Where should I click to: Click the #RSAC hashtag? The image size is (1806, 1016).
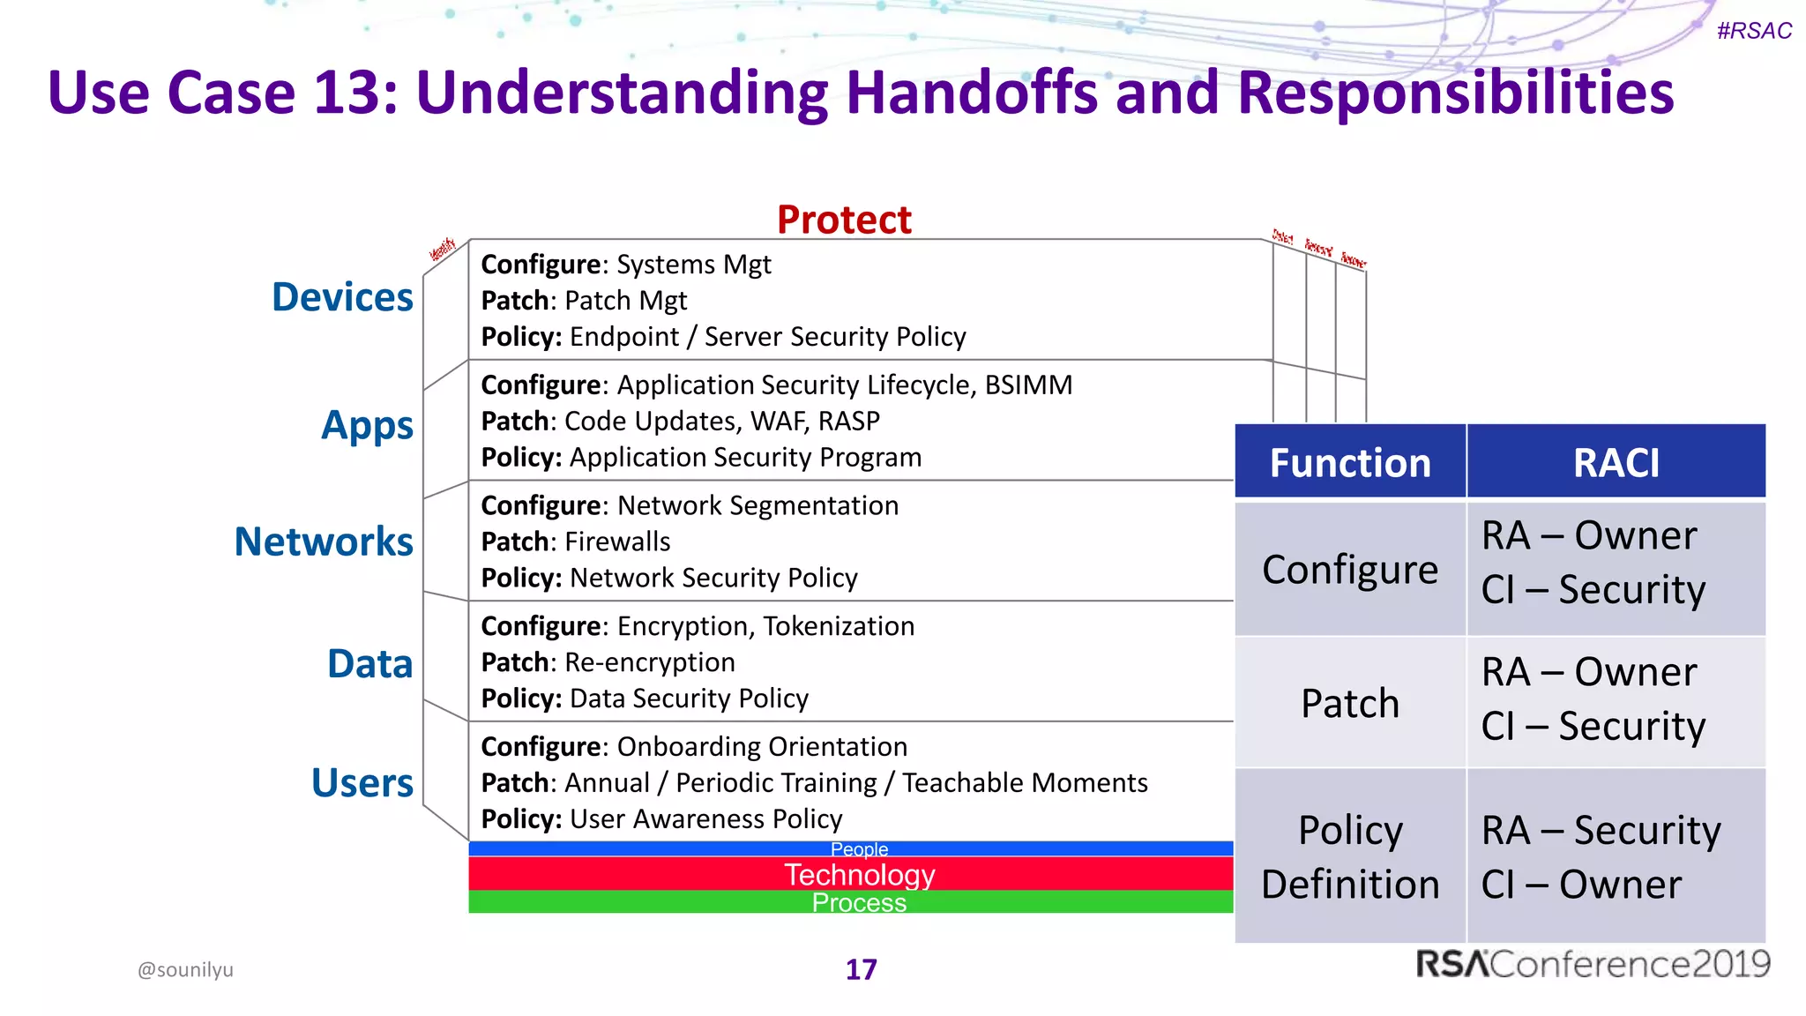[x=1753, y=31]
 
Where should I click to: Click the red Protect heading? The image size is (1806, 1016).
[x=844, y=220]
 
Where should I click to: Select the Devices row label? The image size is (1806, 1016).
[x=342, y=297]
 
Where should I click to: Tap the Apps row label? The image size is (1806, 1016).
[x=367, y=425]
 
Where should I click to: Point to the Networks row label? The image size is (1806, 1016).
[x=324, y=542]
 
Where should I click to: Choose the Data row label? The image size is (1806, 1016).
[x=369, y=663]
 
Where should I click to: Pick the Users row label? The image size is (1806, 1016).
[x=362, y=782]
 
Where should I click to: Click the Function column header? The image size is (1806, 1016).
[x=1349, y=463]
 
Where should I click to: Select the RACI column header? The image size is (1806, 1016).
[x=1616, y=463]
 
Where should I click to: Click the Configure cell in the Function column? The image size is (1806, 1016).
[x=1349, y=569]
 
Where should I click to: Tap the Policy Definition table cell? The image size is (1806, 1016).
[x=1349, y=856]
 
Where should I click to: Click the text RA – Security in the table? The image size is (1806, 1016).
[x=1601, y=830]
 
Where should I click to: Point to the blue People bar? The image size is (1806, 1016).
[x=851, y=848]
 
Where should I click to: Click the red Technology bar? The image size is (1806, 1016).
[x=851, y=874]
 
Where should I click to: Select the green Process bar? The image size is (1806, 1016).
[x=851, y=902]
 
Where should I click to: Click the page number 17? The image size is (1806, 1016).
[x=861, y=969]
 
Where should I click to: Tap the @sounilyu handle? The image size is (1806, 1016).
[x=185, y=969]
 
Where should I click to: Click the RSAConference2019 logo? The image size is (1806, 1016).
[x=1593, y=963]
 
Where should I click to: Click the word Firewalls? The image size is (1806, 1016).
[x=617, y=542]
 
